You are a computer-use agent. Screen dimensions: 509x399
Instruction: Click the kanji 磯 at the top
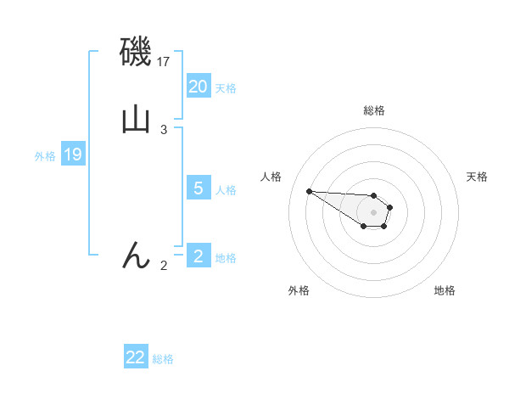(x=135, y=53)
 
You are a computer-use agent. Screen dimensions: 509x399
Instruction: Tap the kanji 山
(x=136, y=120)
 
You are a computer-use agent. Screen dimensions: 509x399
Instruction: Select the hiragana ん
(x=136, y=256)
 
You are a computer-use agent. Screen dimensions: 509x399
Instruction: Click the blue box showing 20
(x=199, y=87)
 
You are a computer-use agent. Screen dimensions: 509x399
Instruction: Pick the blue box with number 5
(x=199, y=188)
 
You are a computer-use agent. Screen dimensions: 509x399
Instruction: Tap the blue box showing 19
(x=73, y=155)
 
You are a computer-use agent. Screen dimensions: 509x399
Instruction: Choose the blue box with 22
(x=136, y=357)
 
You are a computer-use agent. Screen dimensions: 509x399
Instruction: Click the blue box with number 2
(x=199, y=256)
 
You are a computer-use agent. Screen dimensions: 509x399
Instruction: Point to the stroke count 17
(x=165, y=62)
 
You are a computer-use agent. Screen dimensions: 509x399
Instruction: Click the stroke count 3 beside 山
(x=164, y=130)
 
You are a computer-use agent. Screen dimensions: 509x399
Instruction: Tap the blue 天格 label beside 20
(x=226, y=88)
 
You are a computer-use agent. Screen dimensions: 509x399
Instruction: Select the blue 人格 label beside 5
(x=226, y=190)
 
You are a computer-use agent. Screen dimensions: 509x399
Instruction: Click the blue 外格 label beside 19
(x=45, y=156)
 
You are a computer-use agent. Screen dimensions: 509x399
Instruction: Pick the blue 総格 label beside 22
(x=163, y=359)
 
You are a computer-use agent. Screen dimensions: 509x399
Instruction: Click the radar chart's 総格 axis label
(x=373, y=110)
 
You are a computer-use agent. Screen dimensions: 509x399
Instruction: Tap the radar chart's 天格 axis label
(x=477, y=177)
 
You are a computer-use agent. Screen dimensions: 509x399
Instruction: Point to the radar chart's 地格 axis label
(x=445, y=290)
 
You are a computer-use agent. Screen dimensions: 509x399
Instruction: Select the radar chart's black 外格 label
(x=299, y=290)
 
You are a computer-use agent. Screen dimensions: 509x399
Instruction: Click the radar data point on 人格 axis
(x=309, y=191)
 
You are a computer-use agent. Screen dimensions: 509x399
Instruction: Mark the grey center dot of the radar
(x=373, y=212)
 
